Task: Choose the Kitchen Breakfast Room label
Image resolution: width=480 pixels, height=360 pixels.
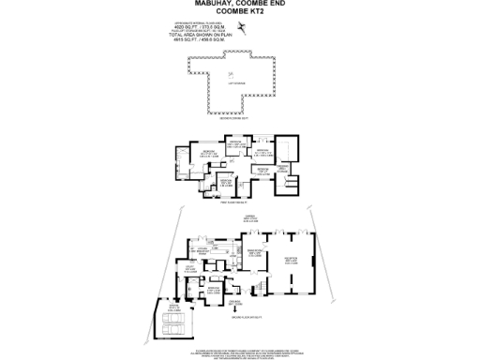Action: click(203, 247)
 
